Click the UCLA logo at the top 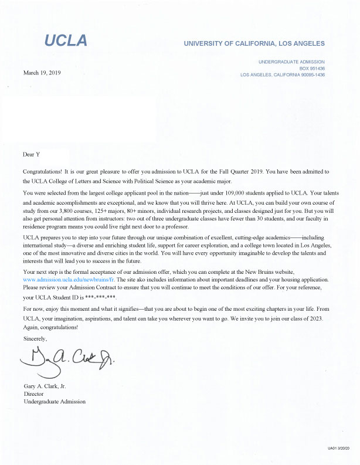66,40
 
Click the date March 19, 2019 41,73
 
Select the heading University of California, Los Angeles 254,44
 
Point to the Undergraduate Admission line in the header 291,62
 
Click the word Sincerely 34,339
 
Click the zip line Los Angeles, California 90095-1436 282,75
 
